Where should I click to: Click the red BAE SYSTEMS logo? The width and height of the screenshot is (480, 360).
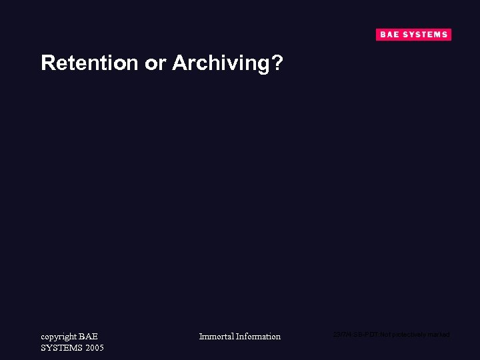click(x=413, y=35)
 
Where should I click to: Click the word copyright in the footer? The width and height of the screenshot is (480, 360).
click(x=59, y=337)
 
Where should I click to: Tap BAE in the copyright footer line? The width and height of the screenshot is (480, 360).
click(x=88, y=337)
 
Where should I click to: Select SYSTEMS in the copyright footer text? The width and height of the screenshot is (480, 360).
click(x=62, y=348)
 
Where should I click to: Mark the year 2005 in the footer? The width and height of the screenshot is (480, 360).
click(x=95, y=348)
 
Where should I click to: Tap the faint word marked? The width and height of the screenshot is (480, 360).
click(x=439, y=335)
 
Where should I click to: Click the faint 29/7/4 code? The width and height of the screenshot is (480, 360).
click(x=341, y=335)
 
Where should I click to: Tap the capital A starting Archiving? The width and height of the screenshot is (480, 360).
click(x=179, y=63)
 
